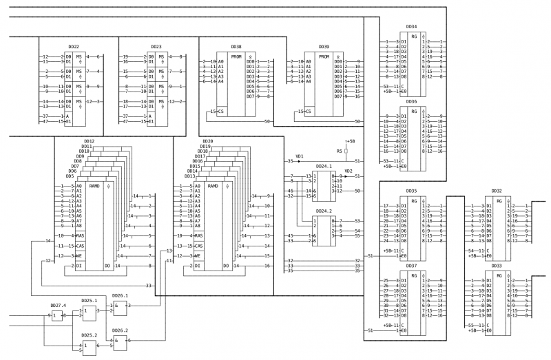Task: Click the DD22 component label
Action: [x=74, y=47]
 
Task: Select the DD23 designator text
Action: [x=156, y=47]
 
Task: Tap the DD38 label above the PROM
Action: [x=236, y=46]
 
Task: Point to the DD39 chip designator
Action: [x=324, y=47]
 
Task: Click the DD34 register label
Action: [x=411, y=26]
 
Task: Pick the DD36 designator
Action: [x=411, y=101]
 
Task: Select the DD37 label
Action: [x=411, y=265]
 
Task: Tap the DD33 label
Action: [x=497, y=265]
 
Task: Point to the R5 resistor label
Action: [x=340, y=151]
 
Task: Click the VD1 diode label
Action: [x=300, y=156]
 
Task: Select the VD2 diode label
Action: [x=349, y=171]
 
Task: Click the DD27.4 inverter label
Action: [x=58, y=306]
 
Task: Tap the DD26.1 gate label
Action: [x=121, y=296]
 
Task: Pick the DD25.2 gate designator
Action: [x=89, y=335]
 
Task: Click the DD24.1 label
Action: [x=324, y=166]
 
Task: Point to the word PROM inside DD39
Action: [x=324, y=56]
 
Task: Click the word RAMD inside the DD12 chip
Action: [x=94, y=186]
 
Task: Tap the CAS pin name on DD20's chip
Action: [x=198, y=246]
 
